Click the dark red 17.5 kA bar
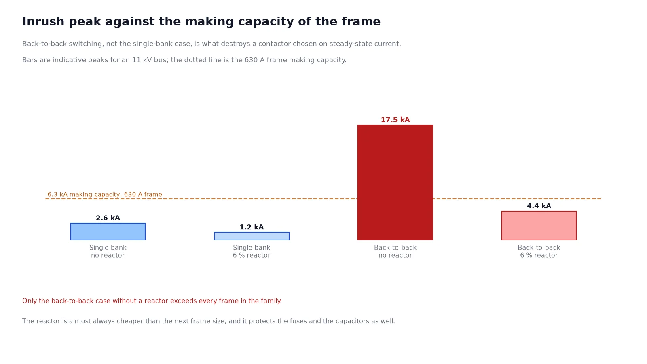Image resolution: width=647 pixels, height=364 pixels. tap(395, 182)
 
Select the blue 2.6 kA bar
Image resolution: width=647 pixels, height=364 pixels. tap(108, 231)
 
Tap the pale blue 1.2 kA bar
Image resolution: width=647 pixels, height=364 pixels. tap(252, 236)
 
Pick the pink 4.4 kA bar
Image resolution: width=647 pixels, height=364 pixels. tap(539, 225)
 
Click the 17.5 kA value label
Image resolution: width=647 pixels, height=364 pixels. tap(395, 120)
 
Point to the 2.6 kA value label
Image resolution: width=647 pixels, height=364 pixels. tap(108, 218)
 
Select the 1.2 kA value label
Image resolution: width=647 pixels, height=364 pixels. tap(252, 227)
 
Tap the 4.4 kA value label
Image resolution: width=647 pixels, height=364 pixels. tap(539, 206)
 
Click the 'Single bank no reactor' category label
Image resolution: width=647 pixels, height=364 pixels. tap(108, 251)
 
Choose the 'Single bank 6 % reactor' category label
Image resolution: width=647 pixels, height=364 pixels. tap(252, 251)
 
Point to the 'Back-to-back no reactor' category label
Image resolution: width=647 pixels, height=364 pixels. tap(395, 251)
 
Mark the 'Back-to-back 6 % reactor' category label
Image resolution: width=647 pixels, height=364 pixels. tap(539, 251)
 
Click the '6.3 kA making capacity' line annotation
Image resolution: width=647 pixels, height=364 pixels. tap(105, 195)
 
